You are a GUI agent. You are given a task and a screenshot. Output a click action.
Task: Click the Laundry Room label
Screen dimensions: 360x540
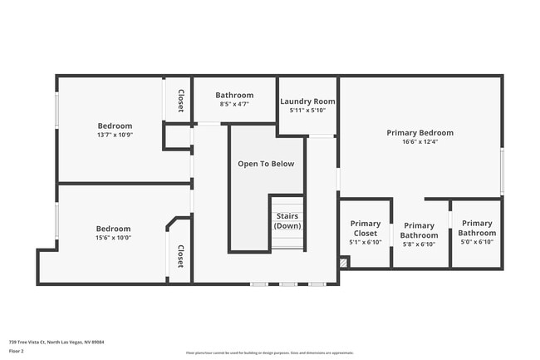pos(307,101)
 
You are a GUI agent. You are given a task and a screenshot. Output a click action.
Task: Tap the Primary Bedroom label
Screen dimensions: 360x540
pos(420,132)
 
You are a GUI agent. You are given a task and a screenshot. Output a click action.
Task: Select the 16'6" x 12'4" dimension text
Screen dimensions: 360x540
pos(420,141)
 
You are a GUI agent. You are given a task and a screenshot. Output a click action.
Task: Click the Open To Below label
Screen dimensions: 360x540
pos(266,164)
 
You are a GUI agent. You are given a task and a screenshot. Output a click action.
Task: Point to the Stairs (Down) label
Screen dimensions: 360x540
pos(287,221)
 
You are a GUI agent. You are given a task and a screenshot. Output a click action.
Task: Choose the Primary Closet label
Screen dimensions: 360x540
pos(366,229)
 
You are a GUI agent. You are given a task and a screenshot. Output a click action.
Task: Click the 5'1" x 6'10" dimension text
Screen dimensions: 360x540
pos(366,242)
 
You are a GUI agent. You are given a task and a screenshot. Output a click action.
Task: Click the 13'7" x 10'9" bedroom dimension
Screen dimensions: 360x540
pos(115,135)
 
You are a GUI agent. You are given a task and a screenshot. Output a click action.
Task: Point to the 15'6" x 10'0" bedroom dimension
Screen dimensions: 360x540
pos(113,238)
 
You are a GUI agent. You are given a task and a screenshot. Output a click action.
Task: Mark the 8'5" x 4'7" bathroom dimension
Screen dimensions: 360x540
pos(234,104)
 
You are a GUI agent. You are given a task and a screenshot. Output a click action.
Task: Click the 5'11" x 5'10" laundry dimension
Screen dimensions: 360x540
pos(307,110)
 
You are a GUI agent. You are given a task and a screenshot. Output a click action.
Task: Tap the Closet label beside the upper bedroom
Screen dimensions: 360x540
pos(180,101)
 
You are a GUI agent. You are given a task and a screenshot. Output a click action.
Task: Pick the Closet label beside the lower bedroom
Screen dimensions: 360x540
pos(180,257)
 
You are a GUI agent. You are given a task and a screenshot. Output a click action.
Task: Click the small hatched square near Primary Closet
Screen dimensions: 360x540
pos(345,262)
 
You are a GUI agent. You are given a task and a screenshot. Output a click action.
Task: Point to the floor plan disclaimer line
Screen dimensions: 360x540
pos(270,353)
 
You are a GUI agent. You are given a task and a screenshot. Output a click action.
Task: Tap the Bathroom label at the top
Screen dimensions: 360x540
pos(234,95)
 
